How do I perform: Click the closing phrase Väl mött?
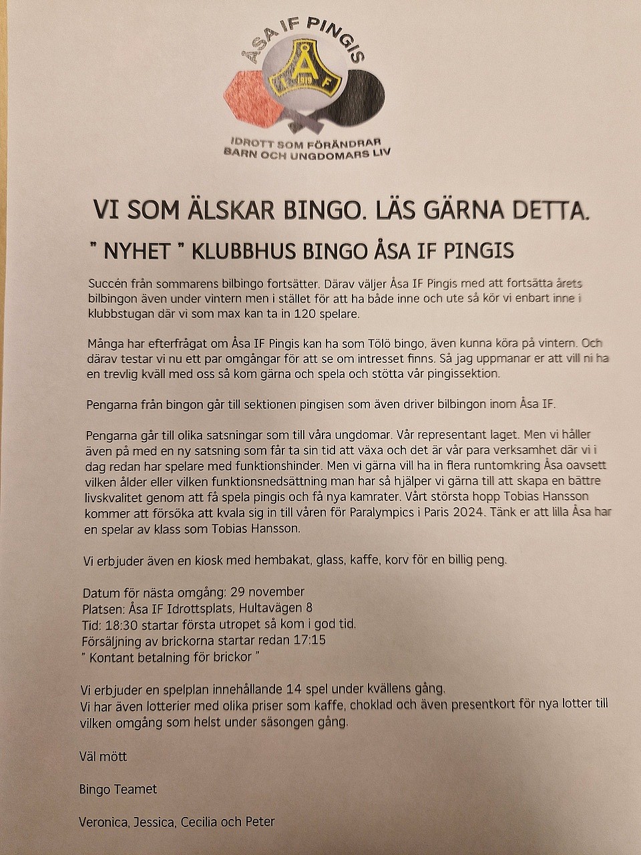coord(103,756)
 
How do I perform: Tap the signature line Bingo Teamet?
coord(118,789)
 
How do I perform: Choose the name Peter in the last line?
coord(258,822)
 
